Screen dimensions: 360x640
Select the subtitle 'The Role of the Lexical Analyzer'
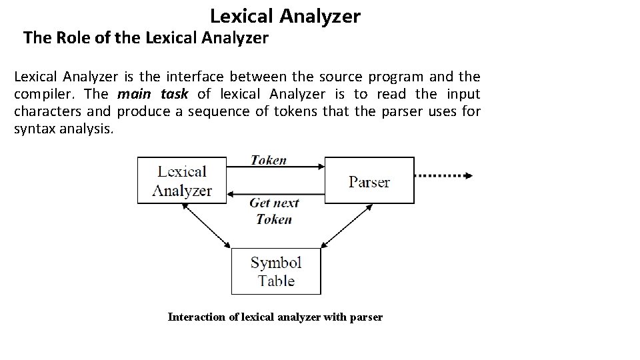tap(145, 38)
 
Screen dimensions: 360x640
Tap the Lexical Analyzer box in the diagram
tap(182, 180)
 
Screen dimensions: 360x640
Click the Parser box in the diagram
tap(369, 181)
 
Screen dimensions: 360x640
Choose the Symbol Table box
tap(276, 271)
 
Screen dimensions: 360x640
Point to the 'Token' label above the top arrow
tap(269, 160)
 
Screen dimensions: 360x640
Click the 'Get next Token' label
tap(274, 211)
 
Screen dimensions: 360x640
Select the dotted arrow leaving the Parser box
tap(443, 176)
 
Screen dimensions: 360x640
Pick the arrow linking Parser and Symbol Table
tap(346, 227)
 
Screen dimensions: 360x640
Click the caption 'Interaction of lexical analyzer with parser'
tap(275, 317)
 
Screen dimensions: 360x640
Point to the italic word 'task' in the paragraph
tap(175, 94)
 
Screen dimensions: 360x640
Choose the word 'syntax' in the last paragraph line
tap(33, 128)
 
